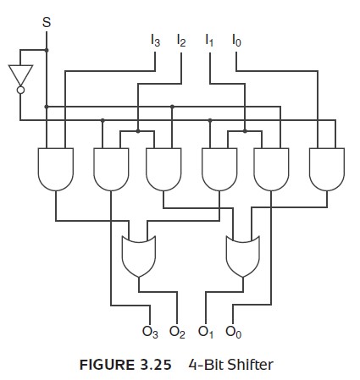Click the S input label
click(x=47, y=22)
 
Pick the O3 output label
click(x=150, y=332)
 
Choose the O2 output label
click(x=177, y=332)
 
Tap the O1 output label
click(x=206, y=332)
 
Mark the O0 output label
click(x=234, y=332)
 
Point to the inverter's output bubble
click(x=20, y=90)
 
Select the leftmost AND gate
click(x=56, y=169)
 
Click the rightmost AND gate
click(x=327, y=169)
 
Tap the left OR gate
click(x=139, y=256)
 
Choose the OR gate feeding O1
click(x=243, y=256)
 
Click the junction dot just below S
click(x=47, y=50)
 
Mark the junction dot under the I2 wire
click(x=138, y=131)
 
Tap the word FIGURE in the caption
click(x=107, y=365)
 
